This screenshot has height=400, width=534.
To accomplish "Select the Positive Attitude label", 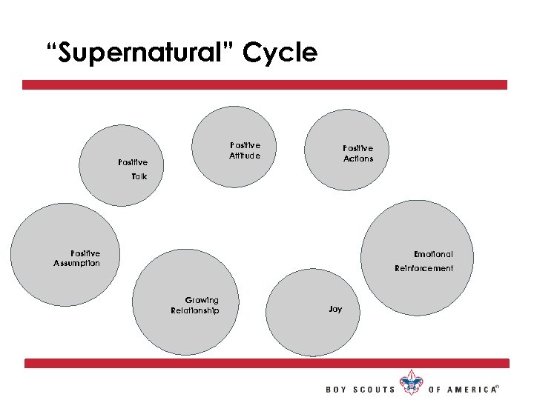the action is (x=245, y=150).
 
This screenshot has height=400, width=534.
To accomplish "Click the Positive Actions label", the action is (x=358, y=153).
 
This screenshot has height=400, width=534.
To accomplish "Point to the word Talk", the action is (x=139, y=176).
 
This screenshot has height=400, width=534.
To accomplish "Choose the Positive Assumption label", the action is (x=77, y=258).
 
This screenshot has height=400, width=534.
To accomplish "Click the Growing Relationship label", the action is (x=195, y=305).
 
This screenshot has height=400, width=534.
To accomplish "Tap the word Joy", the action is (x=335, y=309).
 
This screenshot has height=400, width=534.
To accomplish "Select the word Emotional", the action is (x=433, y=254).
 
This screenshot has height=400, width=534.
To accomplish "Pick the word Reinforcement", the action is (x=423, y=268).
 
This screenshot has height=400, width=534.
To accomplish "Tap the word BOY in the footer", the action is (x=337, y=390).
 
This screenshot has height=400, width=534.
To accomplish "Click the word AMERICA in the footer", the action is (x=474, y=390).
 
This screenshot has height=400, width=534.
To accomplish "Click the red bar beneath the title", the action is (x=265, y=85).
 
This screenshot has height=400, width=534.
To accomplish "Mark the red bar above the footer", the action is (x=267, y=363).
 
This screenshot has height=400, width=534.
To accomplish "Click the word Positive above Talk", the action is (x=133, y=161).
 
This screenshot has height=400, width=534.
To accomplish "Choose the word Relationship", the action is (x=195, y=310).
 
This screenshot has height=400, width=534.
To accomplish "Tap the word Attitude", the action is (x=245, y=156).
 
